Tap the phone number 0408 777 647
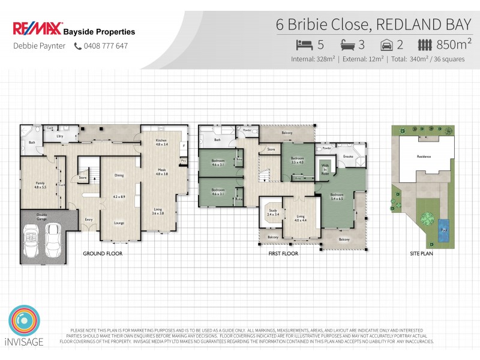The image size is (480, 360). coord(106,46)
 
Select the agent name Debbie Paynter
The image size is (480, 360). coord(40,46)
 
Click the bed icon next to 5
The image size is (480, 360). coord(304,44)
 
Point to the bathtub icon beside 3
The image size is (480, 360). coord(348,44)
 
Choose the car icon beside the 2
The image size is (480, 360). coord(388,44)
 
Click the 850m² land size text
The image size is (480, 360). coord(455,44)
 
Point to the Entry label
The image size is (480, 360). coord(89,220)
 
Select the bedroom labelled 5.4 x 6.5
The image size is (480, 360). coord(336,196)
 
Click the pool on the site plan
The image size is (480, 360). coord(443,229)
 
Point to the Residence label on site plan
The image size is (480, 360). coord(424,157)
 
